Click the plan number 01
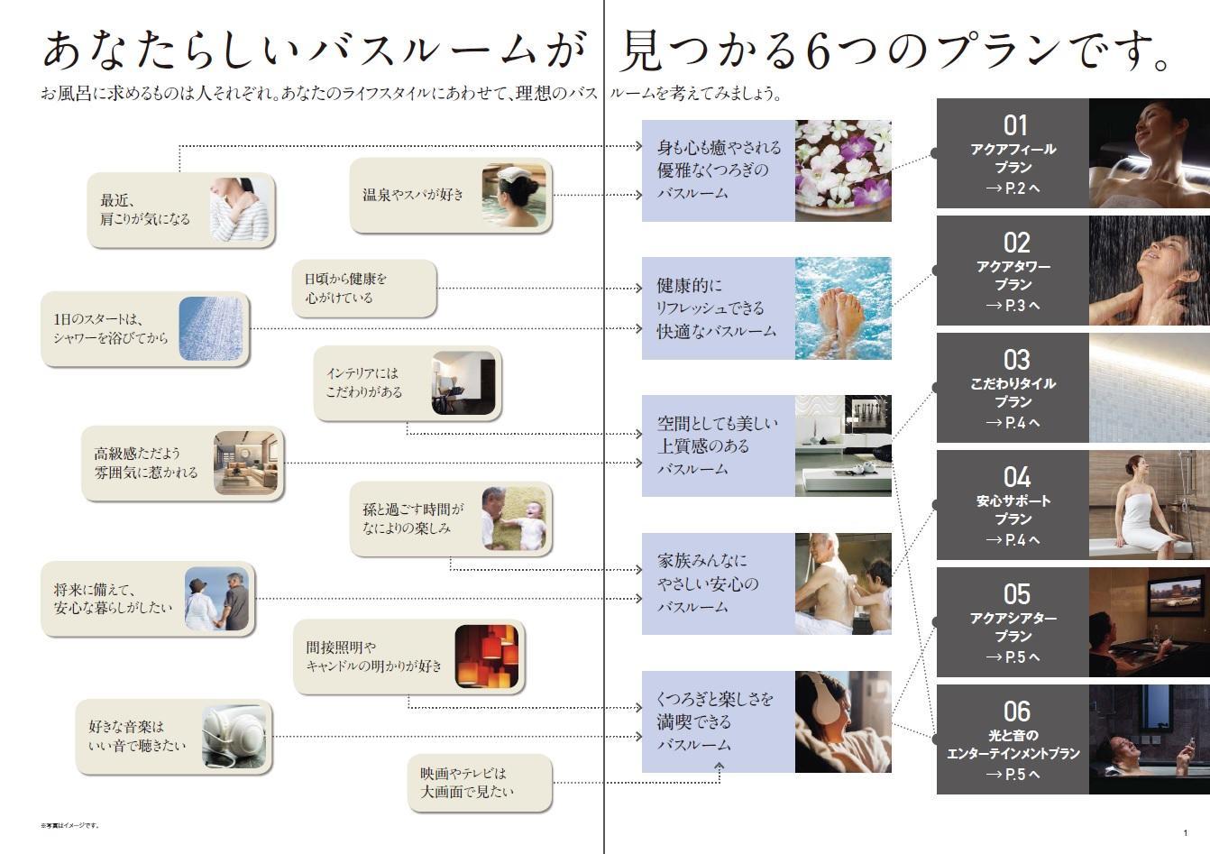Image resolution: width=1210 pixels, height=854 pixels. tap(1015, 125)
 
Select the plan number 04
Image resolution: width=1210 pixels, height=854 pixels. tap(1016, 477)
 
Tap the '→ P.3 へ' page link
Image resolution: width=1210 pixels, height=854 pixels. tap(1013, 306)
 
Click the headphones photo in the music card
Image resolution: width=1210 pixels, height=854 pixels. tap(234, 737)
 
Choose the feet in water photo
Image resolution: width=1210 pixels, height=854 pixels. tap(843, 308)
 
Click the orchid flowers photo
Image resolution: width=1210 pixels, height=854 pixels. tap(843, 170)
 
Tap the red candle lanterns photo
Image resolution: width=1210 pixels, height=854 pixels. tap(487, 656)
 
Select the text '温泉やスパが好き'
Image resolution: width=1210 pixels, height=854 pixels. tap(413, 194)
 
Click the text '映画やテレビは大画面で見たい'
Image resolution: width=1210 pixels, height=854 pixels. tap(465, 783)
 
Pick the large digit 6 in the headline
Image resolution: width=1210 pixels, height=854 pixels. tap(818, 52)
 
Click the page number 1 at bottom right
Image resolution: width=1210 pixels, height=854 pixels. tap(1186, 832)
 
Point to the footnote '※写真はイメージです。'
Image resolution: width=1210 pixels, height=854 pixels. tap(69, 825)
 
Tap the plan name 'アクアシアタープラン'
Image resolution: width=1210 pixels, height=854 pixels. tap(1013, 627)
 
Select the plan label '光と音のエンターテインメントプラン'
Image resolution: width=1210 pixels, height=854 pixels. tap(1013, 744)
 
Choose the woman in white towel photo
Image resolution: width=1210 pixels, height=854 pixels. tap(1149, 505)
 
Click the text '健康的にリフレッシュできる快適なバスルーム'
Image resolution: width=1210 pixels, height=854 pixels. tap(716, 308)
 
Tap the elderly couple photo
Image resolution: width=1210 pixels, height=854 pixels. tap(217, 600)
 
